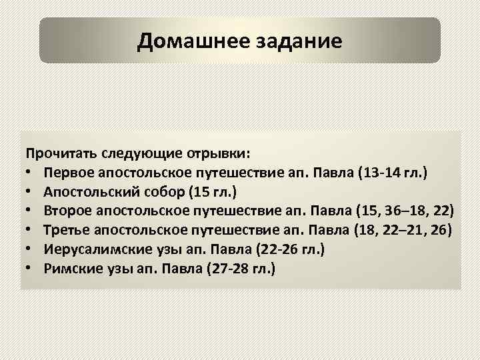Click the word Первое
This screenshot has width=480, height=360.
(68, 173)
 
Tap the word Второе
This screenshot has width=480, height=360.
(69, 211)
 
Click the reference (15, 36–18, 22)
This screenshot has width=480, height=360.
(406, 211)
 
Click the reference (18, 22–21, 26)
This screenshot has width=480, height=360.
(403, 231)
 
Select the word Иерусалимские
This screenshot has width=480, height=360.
(89, 250)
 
